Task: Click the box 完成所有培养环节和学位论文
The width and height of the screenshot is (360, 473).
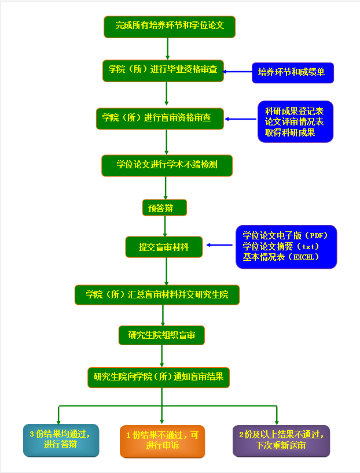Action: tap(170, 27)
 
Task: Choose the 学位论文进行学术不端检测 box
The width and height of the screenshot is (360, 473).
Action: tap(167, 165)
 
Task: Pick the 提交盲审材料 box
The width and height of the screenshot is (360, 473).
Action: tap(164, 247)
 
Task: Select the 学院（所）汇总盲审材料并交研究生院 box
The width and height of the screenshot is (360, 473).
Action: tap(157, 295)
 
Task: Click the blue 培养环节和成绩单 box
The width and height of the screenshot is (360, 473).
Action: tap(292, 73)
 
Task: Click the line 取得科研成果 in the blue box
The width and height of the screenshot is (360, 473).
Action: tap(289, 132)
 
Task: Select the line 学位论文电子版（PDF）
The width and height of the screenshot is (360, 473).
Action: tap(285, 236)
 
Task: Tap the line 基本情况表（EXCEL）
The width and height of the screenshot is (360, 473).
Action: tap(281, 257)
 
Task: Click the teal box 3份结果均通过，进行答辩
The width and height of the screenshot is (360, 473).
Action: tap(61, 440)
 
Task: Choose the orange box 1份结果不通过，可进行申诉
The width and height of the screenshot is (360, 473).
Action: tap(162, 441)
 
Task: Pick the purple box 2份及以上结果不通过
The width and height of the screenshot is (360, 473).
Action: tap(281, 440)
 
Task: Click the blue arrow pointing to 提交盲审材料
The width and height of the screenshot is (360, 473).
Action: tap(219, 245)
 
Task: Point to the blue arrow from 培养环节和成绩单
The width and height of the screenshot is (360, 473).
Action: tap(237, 72)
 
